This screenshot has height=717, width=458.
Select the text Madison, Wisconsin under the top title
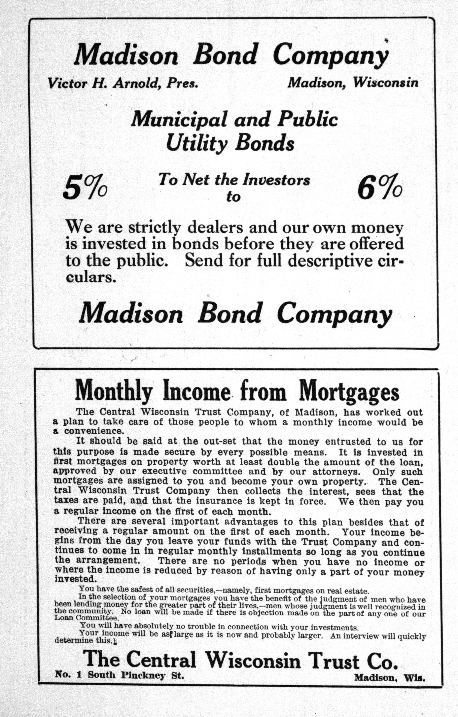(x=353, y=83)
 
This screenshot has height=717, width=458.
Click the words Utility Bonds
(x=230, y=143)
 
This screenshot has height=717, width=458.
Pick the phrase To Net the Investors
(x=234, y=180)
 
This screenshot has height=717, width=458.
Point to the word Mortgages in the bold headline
(x=349, y=392)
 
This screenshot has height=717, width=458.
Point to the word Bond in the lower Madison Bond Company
(x=229, y=313)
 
